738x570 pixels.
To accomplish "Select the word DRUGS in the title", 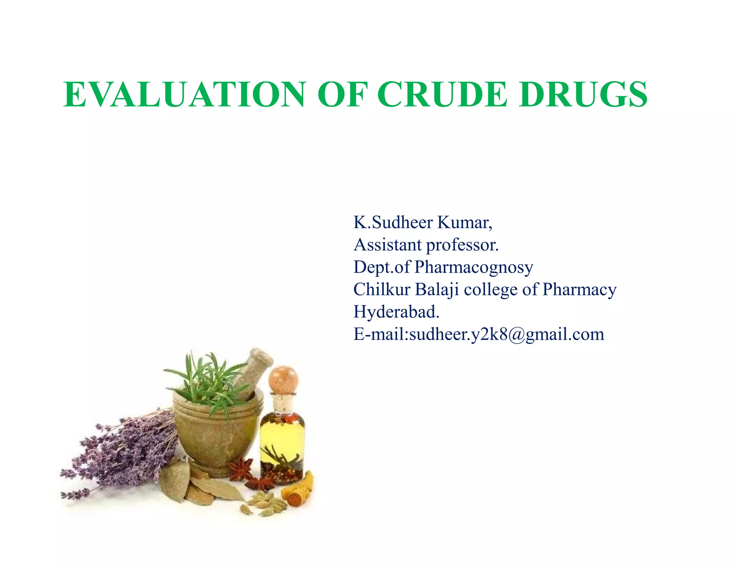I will tap(583, 94).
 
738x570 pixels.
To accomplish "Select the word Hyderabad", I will tap(396, 312).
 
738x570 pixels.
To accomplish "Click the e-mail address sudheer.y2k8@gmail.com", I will tap(507, 335).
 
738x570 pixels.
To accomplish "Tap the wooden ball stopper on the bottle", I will tap(283, 379).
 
